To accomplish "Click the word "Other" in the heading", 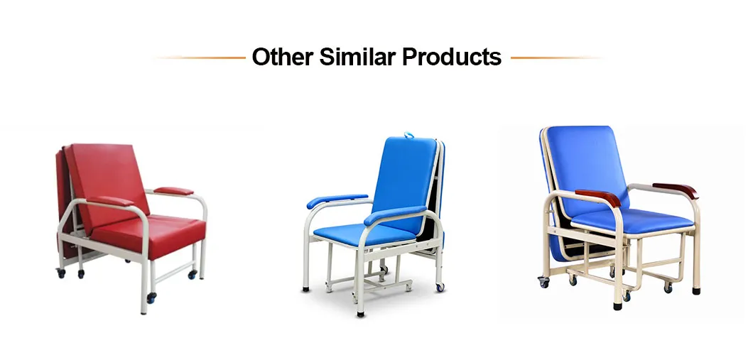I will (281, 57).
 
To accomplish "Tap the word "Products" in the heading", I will (452, 57).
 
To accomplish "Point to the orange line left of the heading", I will (199, 58).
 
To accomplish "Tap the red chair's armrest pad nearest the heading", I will (174, 191).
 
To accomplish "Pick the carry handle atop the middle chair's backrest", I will (411, 134).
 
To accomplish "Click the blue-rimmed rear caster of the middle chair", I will (439, 286).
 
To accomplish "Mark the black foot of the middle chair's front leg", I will (362, 312).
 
